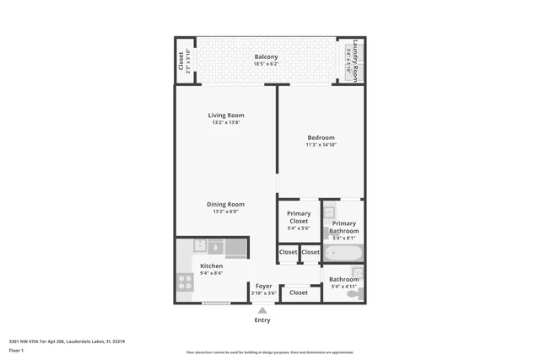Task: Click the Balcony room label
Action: tap(267, 57)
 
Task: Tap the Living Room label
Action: tap(227, 116)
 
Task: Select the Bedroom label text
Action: tap(321, 137)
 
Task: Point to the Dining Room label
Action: tap(226, 204)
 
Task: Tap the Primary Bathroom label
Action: tap(344, 227)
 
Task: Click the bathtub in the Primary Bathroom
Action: tap(343, 252)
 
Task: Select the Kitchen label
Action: tap(211, 266)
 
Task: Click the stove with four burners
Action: tap(185, 282)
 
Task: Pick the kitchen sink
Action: tap(200, 246)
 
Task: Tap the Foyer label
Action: tap(263, 286)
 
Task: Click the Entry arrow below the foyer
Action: tap(262, 309)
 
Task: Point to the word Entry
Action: tap(262, 320)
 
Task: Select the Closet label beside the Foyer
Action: tap(298, 293)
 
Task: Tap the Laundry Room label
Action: tap(356, 60)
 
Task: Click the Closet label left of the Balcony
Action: tap(181, 61)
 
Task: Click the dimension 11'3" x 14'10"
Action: tap(321, 145)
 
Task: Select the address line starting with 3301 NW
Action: tap(67, 341)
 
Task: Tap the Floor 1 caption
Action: tap(17, 350)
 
